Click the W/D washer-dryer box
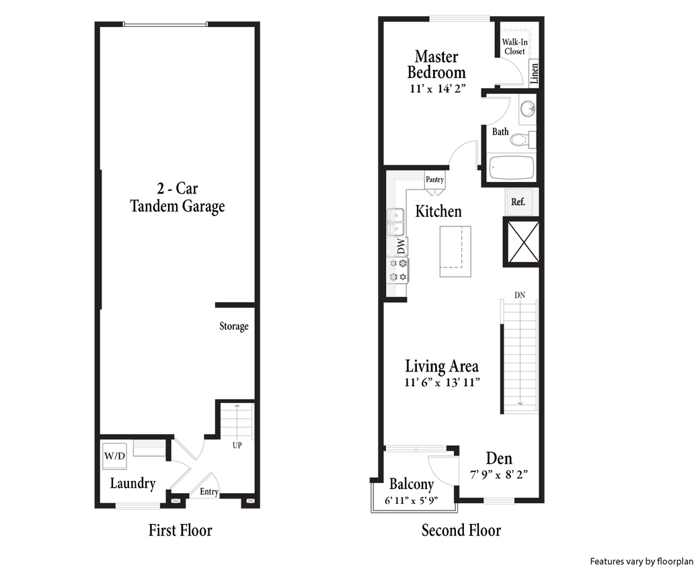point(114,456)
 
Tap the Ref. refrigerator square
point(518,202)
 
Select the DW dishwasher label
point(400,247)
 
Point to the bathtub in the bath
point(511,168)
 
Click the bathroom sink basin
point(527,107)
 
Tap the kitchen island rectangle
point(455,251)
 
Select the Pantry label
point(434,179)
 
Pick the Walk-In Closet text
point(514,46)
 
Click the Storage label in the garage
point(234,326)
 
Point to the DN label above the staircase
point(520,295)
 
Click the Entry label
point(209,492)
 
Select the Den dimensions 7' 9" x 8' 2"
point(499,474)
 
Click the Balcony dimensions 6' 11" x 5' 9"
point(412,500)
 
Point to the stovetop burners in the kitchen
point(397,270)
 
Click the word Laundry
point(132,483)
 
